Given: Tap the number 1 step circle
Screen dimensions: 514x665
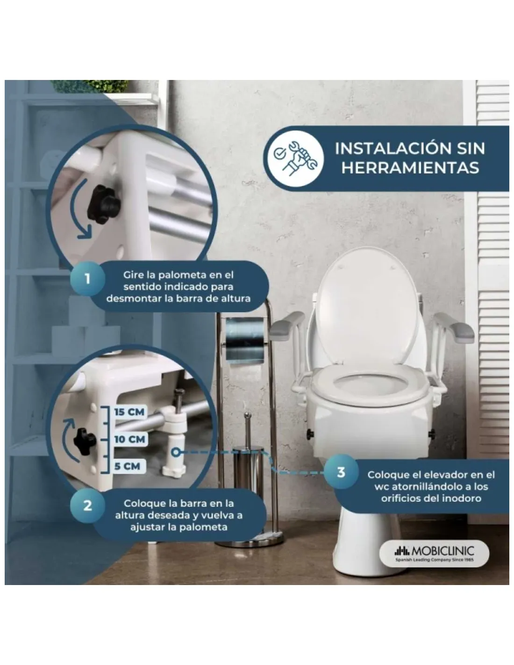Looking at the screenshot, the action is (87, 279).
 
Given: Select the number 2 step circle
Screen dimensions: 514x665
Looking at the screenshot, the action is (87, 505).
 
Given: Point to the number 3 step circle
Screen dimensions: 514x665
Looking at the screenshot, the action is (341, 471).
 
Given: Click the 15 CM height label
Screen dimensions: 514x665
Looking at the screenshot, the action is (129, 412).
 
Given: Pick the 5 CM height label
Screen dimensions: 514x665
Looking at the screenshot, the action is (127, 466).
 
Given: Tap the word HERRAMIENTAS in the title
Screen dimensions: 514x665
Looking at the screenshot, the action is (410, 168).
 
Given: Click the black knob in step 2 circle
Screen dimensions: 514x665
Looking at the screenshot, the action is (84, 440).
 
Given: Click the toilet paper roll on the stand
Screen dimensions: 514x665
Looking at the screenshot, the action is (244, 340).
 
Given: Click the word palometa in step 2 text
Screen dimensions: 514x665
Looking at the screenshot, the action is (203, 527).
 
